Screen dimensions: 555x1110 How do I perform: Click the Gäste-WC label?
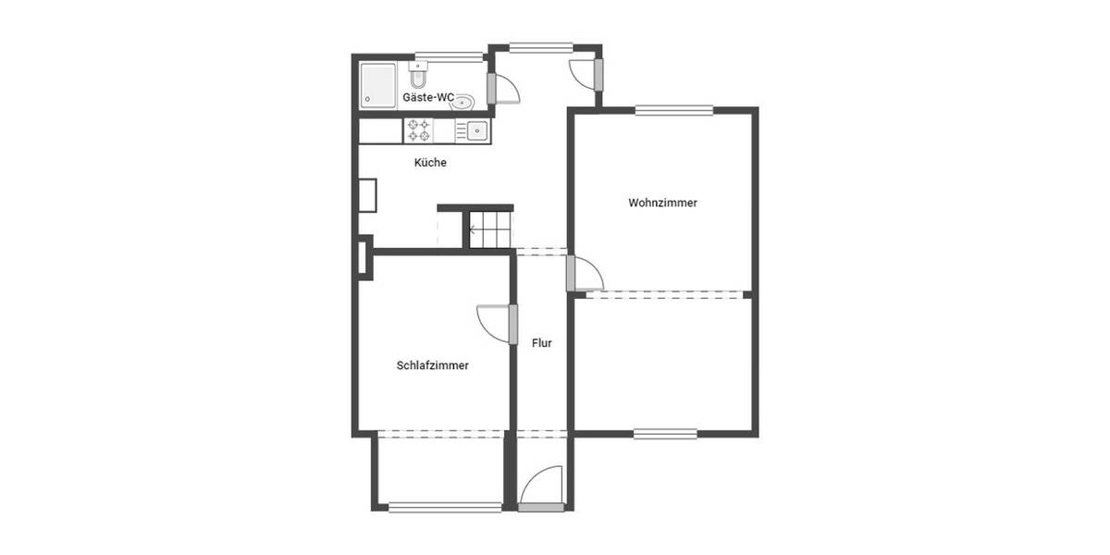pyautogui.click(x=428, y=97)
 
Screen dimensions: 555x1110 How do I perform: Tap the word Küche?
pyautogui.click(x=430, y=163)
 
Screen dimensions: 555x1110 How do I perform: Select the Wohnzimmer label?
pyautogui.click(x=662, y=203)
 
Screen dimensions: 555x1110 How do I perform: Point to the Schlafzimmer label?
pyautogui.click(x=432, y=365)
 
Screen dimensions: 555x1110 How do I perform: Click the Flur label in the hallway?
pyautogui.click(x=542, y=343)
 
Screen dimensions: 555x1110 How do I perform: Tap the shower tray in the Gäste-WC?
pyautogui.click(x=377, y=85)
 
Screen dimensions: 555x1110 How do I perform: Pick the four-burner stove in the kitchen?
pyautogui.click(x=418, y=130)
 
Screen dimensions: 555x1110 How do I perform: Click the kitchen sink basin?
pyautogui.click(x=476, y=130)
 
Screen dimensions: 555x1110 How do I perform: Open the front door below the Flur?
pyautogui.click(x=541, y=488)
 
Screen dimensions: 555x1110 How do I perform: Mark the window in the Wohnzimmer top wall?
pyautogui.click(x=673, y=110)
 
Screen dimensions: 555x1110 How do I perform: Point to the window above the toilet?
pyautogui.click(x=441, y=55)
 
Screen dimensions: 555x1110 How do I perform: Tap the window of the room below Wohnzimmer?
pyautogui.click(x=665, y=433)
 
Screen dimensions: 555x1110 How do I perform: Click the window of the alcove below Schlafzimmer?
pyautogui.click(x=444, y=507)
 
